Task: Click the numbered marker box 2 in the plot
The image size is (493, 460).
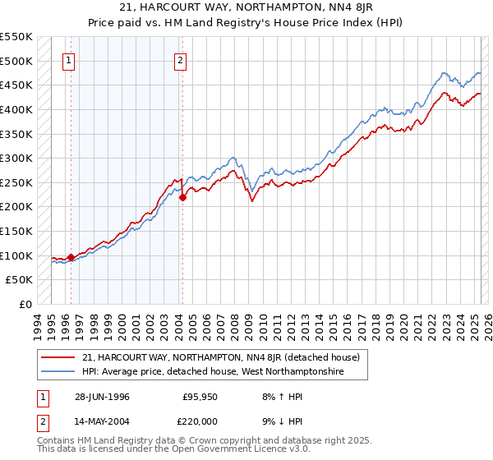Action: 179,59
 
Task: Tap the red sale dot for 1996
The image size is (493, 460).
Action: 71,257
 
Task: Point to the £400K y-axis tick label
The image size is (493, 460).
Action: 16,109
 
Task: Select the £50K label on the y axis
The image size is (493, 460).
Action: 20,280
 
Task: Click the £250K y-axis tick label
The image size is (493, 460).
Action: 16,182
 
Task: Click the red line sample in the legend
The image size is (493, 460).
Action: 58,357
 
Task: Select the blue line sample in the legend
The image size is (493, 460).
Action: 58,372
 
